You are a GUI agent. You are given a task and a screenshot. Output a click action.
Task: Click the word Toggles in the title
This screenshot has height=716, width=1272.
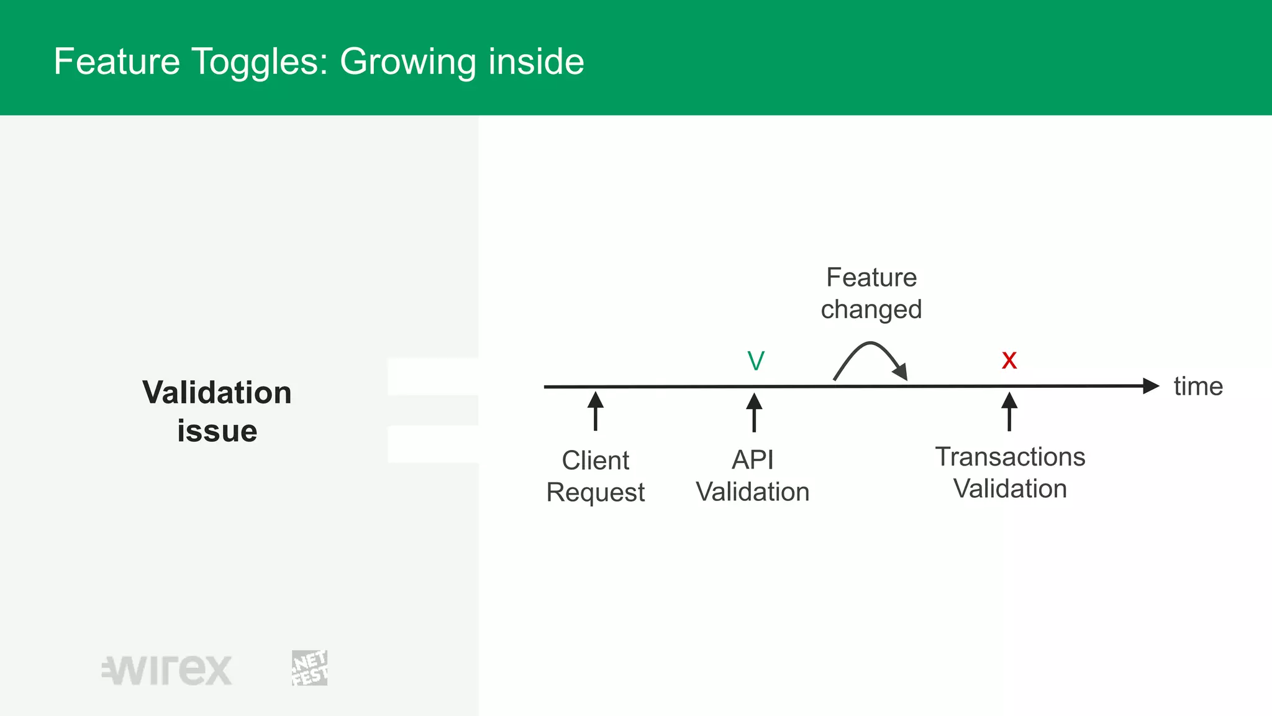tap(259, 62)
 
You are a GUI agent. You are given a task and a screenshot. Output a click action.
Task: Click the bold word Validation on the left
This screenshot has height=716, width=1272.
tap(217, 393)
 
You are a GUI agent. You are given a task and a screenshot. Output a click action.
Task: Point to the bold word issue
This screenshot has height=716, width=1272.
tap(217, 431)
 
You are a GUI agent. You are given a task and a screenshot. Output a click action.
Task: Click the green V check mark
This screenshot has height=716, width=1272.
tap(756, 361)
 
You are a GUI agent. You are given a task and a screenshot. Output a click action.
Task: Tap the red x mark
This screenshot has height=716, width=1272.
tap(1009, 360)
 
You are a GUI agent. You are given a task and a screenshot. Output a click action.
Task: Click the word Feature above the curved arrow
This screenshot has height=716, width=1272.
tap(871, 277)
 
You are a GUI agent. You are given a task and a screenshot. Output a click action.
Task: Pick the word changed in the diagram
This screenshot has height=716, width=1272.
tap(871, 310)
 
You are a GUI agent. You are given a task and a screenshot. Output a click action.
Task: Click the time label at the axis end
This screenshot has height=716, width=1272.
tap(1198, 387)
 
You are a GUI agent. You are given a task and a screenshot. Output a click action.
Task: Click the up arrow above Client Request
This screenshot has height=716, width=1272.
tap(595, 411)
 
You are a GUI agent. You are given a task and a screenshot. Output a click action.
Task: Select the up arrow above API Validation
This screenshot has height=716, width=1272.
tap(754, 412)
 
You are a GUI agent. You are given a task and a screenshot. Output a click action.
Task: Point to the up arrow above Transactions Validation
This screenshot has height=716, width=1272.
tap(1009, 411)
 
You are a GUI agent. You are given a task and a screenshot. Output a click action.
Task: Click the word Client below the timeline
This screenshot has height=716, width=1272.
tap(595, 461)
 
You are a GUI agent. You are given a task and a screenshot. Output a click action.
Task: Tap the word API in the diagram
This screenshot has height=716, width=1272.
tap(753, 460)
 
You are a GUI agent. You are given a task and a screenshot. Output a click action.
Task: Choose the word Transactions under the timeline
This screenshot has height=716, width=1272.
tap(1010, 457)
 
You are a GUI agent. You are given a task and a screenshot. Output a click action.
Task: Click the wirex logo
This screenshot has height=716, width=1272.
tap(167, 670)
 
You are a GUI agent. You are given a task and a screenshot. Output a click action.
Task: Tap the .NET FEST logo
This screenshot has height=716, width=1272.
tap(309, 668)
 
